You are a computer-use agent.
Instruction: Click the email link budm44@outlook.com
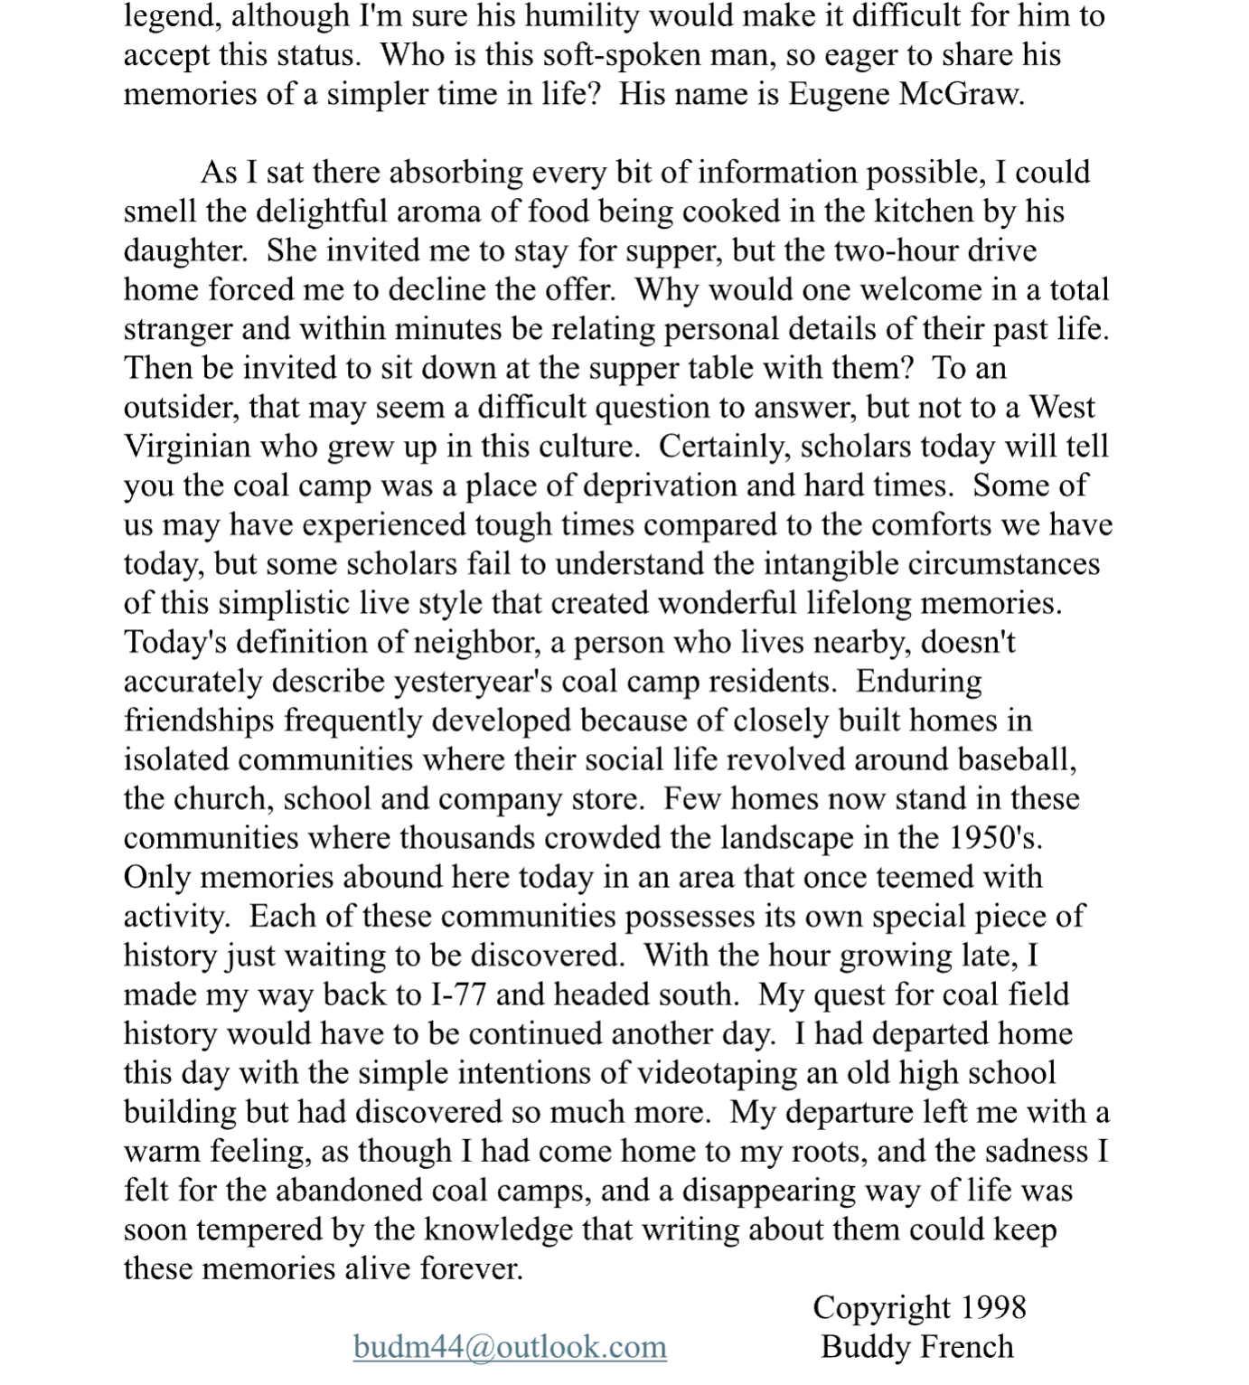[x=510, y=1347]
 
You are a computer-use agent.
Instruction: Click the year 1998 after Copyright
[x=993, y=1307]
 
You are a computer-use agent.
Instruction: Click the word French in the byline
[x=971, y=1347]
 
